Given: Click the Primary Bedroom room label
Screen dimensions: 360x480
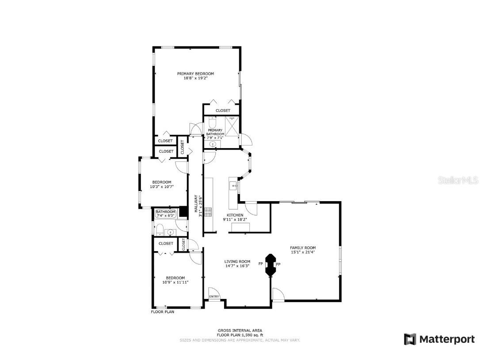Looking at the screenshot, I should click(195, 73).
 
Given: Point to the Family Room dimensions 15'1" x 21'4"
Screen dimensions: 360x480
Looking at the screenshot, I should click(303, 252).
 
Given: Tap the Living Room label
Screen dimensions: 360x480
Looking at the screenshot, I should click(237, 261).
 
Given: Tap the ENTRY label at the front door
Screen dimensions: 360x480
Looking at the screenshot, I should click(214, 296).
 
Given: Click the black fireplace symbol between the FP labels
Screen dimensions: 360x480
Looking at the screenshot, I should click(270, 265).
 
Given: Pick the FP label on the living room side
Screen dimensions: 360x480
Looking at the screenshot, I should click(261, 264).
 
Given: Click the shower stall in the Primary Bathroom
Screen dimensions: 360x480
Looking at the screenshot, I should click(232, 126).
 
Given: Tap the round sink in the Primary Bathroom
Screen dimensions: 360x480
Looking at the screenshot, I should click(212, 144).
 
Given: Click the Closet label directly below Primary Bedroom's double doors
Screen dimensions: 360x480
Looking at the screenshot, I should click(223, 111).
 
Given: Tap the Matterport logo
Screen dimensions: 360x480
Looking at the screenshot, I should click(439, 339).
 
